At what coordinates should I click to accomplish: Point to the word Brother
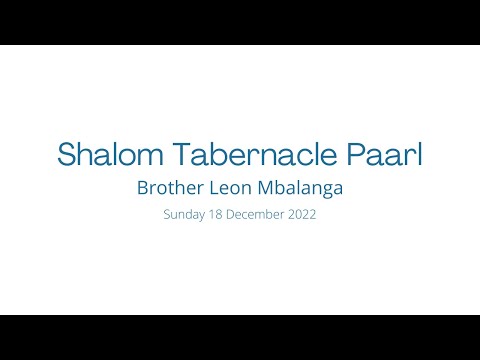(x=171, y=187)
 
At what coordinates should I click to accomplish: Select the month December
(x=254, y=214)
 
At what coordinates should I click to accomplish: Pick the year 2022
(x=301, y=214)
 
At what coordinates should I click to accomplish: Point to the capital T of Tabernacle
(x=178, y=154)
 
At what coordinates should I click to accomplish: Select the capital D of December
(x=229, y=214)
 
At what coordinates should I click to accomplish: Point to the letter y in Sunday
(x=198, y=216)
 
